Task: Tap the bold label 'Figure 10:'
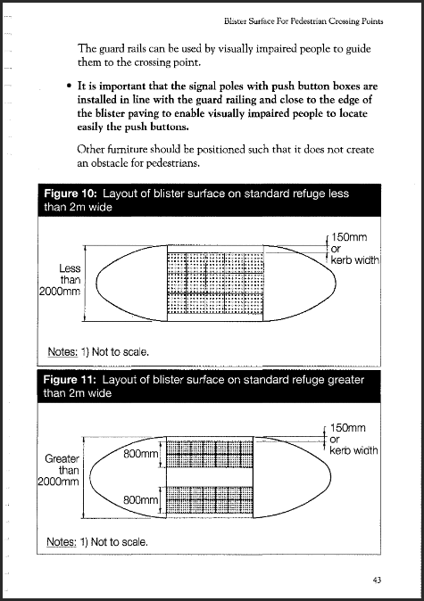click(x=73, y=193)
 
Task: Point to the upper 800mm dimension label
click(x=141, y=455)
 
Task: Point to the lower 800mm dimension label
click(x=141, y=500)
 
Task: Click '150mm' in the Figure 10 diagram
click(x=350, y=238)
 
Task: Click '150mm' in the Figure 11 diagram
click(x=350, y=428)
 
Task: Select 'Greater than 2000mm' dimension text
click(x=61, y=470)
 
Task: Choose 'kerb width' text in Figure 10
click(x=354, y=260)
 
